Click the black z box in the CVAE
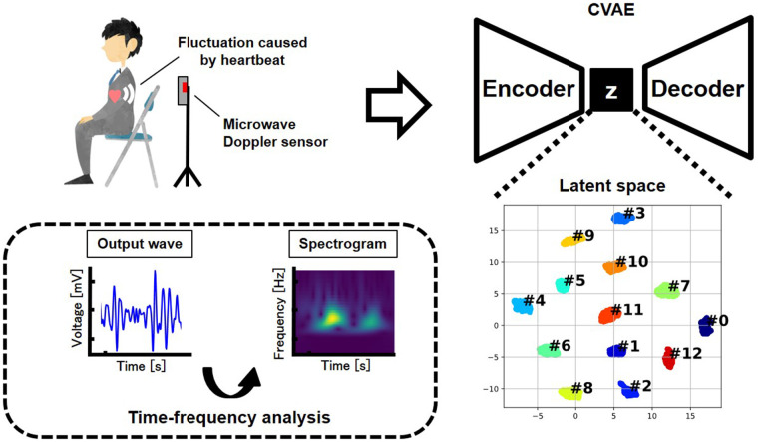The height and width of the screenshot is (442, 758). (x=611, y=90)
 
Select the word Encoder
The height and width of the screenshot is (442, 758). (x=529, y=89)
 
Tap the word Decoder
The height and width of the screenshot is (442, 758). (x=697, y=89)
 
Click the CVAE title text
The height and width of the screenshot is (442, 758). (x=611, y=9)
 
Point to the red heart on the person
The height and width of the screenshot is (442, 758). (x=115, y=95)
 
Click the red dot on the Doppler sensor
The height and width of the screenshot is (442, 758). (x=185, y=87)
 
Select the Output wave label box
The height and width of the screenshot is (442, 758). (x=140, y=244)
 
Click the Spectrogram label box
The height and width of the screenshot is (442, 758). (x=343, y=244)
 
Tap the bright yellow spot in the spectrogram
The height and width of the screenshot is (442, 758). (x=333, y=317)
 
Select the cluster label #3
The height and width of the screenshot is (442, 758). (x=634, y=213)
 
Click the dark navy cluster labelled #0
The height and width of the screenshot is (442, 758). (x=706, y=326)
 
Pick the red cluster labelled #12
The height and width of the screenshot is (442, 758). (x=669, y=358)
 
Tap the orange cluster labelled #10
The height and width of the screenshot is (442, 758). (x=614, y=267)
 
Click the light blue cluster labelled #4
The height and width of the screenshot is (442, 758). (x=522, y=306)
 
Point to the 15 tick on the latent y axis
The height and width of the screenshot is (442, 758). (x=493, y=231)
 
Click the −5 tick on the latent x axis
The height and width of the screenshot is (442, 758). (x=537, y=416)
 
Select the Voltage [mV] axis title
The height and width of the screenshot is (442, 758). (x=77, y=308)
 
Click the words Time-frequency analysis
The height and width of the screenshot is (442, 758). (x=229, y=417)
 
